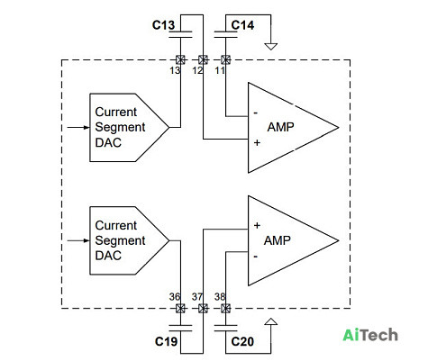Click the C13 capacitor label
tap(163, 25)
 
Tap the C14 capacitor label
tap(242, 25)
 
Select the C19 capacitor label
tap(166, 341)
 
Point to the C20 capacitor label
tap(242, 341)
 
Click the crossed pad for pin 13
tap(180, 59)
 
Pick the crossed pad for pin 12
tap(203, 59)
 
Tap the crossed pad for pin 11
tap(225, 59)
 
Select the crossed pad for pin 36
tap(180, 308)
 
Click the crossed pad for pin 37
tap(203, 308)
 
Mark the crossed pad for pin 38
tap(225, 308)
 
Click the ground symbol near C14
tap(270, 47)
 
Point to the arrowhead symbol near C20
tap(271, 321)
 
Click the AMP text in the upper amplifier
tap(280, 127)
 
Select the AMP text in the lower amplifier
tap(278, 240)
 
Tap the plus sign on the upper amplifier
tap(257, 142)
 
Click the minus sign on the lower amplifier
tap(256, 257)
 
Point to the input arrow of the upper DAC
tap(78, 128)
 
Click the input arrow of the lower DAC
tap(78, 240)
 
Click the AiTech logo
tap(370, 335)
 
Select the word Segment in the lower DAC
tap(120, 240)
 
